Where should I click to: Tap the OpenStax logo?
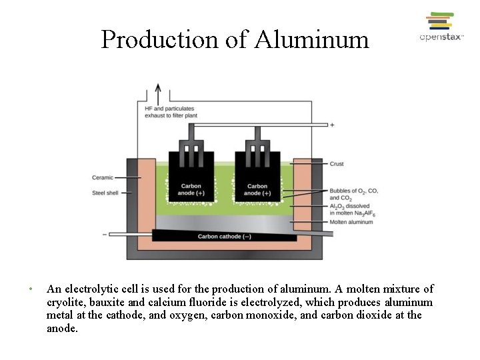pos(441,27)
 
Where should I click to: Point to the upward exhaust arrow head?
pos(158,87)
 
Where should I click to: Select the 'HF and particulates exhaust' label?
pos(171,112)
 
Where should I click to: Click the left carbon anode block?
pos(191,179)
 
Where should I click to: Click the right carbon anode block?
pos(257,179)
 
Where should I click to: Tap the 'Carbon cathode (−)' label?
pos(224,237)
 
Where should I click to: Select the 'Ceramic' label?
pos(103,177)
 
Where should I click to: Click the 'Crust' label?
pos(337,164)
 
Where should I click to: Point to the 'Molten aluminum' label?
pos(351,222)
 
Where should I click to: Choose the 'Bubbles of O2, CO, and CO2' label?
pos(353,195)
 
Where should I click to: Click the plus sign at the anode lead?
pos(332,125)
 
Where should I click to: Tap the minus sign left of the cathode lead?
pos(105,234)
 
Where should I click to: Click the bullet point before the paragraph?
pos(31,289)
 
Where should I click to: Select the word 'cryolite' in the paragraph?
pos(65,302)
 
